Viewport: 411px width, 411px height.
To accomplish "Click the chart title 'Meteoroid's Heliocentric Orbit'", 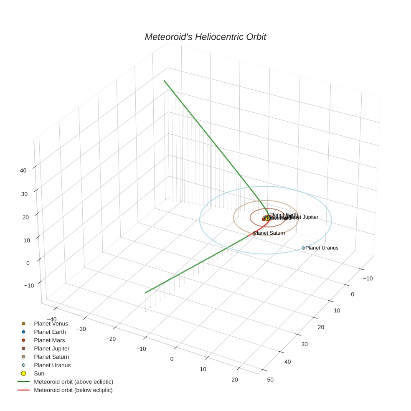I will pos(205,37).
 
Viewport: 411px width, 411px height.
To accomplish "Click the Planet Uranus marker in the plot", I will pos(304,248).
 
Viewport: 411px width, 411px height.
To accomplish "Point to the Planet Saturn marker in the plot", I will pos(254,234).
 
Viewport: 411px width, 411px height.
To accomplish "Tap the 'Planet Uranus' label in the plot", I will pos(322,248).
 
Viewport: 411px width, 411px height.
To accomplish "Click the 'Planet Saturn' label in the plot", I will pos(269,233).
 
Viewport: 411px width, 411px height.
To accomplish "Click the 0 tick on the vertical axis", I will pos(28,263).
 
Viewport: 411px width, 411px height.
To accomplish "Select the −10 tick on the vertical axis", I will pos(29,285).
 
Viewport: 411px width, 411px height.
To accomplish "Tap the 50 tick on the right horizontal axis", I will pos(270,379).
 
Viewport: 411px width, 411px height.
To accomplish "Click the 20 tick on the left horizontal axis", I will pos(234,379).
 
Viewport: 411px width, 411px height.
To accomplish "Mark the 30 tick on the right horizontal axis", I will pos(304,344).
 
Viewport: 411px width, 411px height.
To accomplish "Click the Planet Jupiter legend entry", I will pos(51,348).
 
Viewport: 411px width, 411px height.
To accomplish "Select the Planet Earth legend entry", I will pos(50,332).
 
